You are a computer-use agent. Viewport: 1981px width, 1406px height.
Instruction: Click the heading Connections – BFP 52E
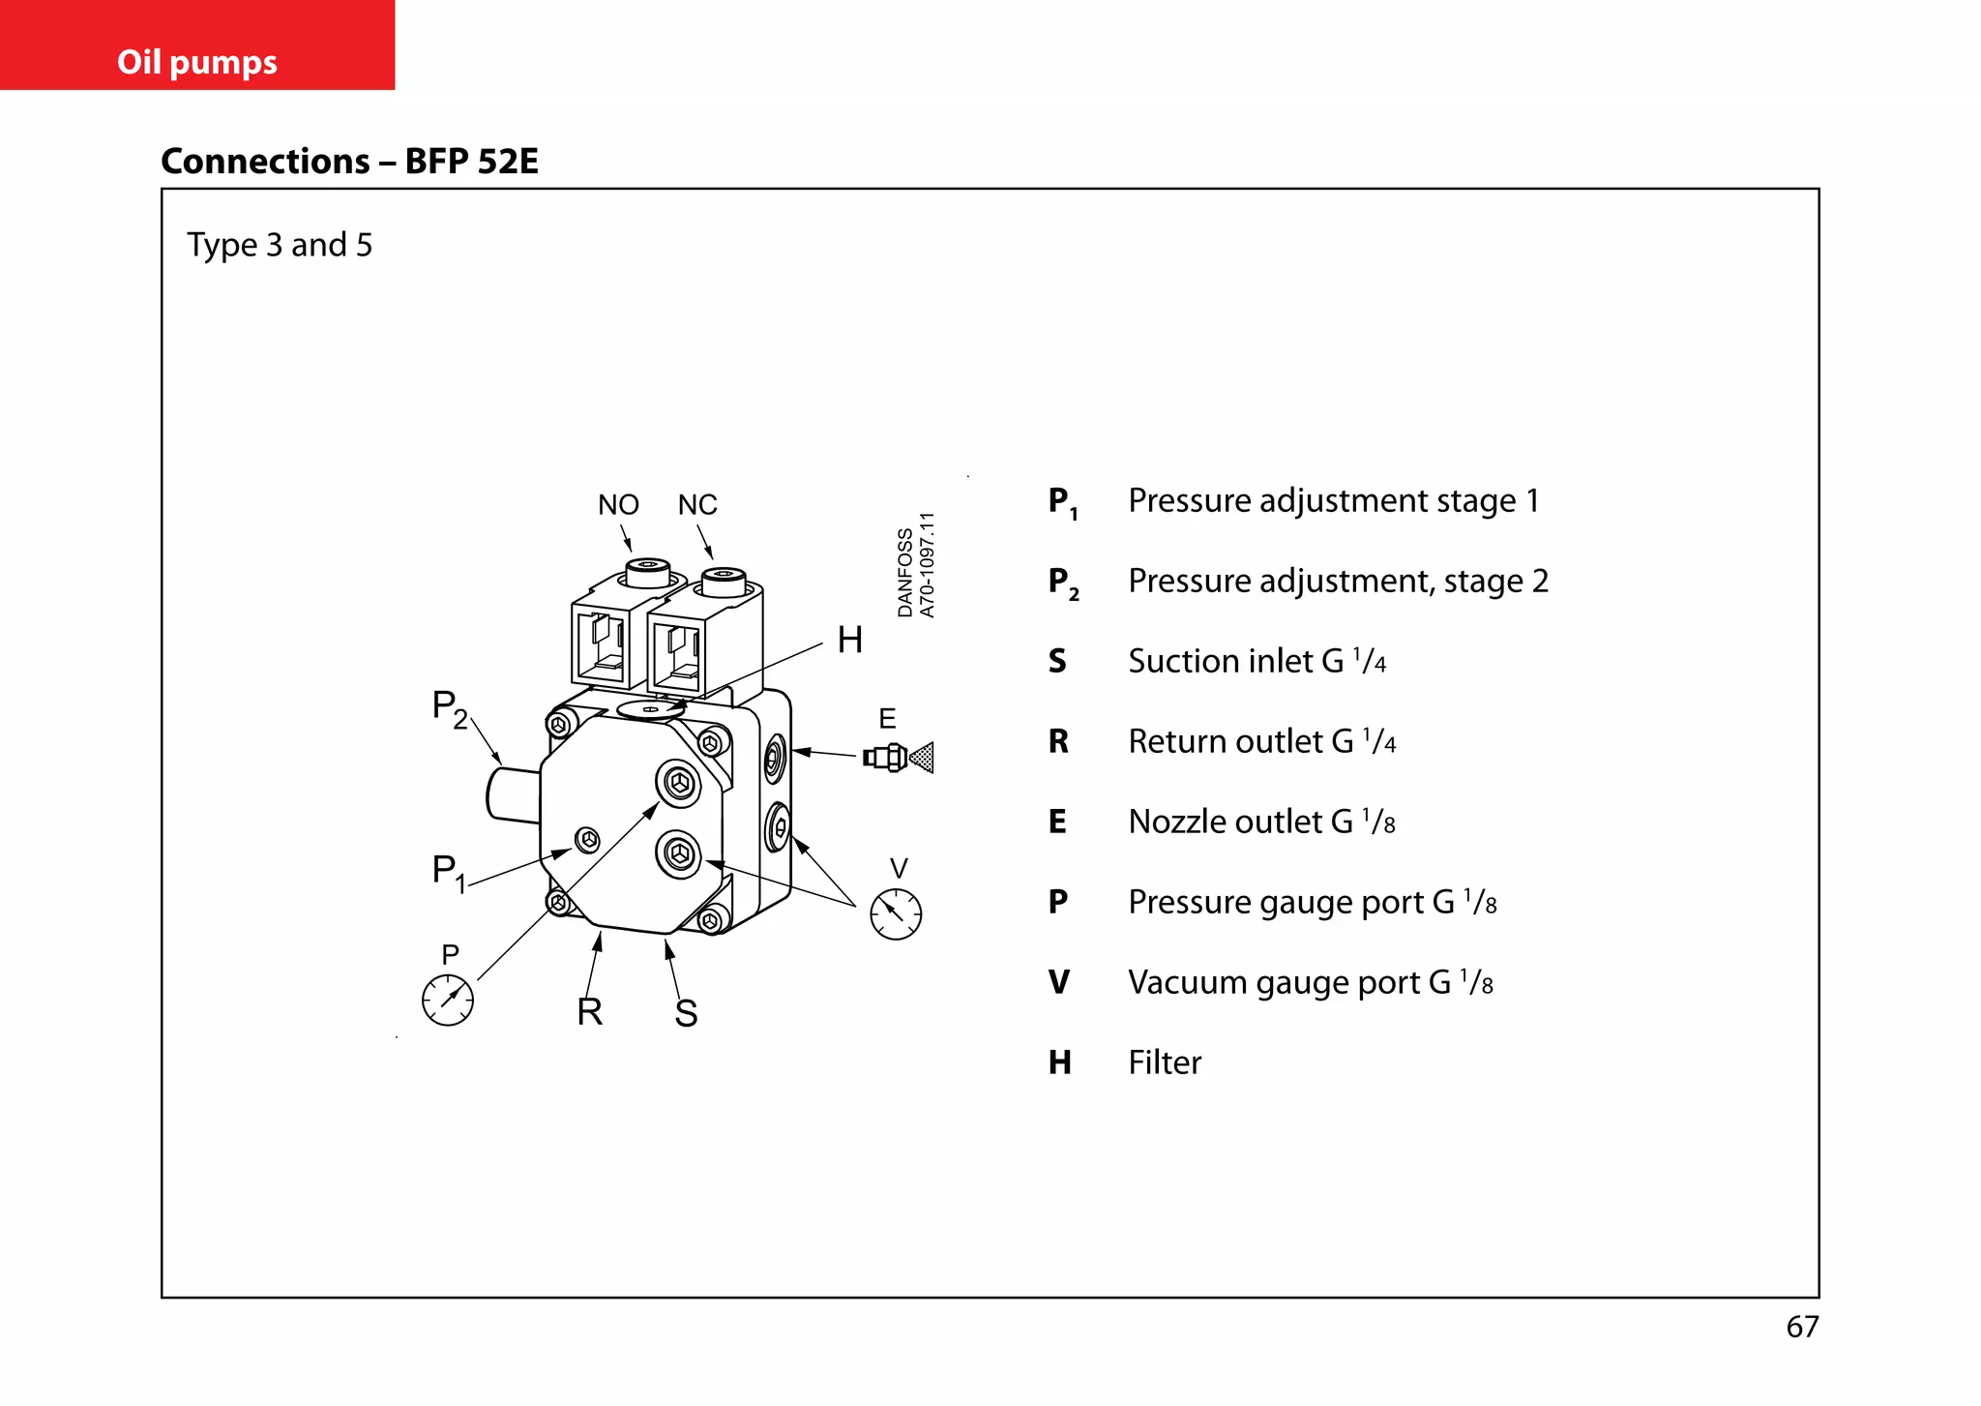(349, 161)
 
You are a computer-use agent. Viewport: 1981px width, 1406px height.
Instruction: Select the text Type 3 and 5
(279, 245)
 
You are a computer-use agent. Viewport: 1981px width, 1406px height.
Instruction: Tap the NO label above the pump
(618, 505)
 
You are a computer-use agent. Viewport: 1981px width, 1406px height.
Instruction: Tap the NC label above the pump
(697, 505)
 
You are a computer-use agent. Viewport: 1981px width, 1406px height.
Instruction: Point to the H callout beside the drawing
(849, 640)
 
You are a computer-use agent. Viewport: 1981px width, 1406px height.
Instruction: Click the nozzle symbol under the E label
(899, 757)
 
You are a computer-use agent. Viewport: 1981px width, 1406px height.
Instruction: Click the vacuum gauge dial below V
(896, 914)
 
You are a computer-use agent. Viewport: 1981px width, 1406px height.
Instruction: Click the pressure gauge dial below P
(448, 1001)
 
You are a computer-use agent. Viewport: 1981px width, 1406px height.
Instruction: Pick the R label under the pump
(589, 1012)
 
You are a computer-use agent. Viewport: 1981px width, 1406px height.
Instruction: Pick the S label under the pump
(686, 1013)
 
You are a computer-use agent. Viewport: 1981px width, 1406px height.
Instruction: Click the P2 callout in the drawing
(449, 708)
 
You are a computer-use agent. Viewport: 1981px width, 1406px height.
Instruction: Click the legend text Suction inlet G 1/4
(1257, 661)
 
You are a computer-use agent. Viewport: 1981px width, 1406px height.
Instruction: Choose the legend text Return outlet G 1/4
(1261, 741)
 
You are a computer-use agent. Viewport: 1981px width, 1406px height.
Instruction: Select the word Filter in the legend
(1165, 1062)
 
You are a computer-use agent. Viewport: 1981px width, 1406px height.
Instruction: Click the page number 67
(1802, 1327)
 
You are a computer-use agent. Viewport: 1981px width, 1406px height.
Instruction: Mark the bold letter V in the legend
(1059, 982)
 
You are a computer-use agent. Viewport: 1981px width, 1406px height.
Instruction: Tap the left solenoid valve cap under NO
(648, 572)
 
